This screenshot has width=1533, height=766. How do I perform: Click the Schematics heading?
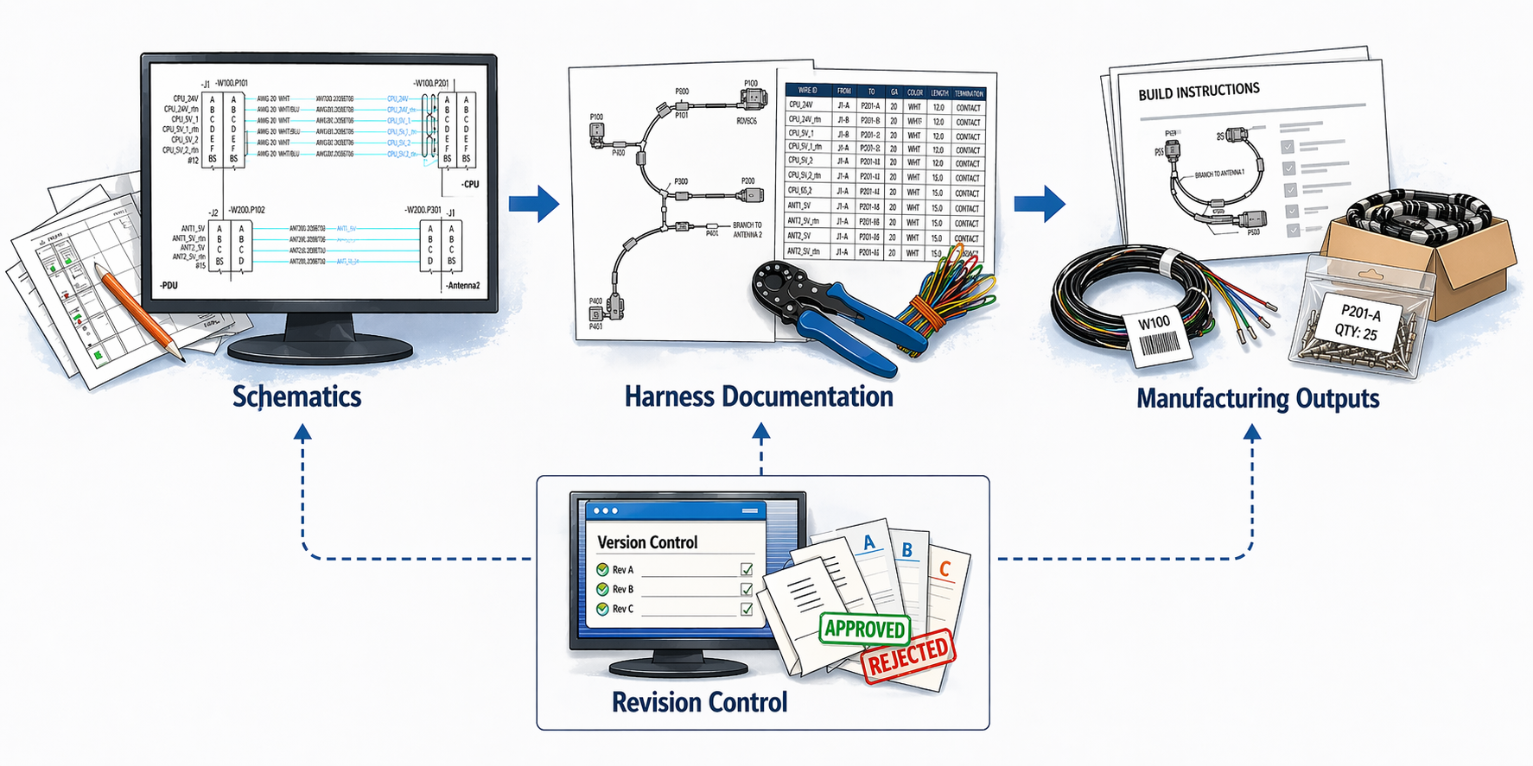(296, 397)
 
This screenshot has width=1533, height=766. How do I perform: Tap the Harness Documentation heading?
(759, 397)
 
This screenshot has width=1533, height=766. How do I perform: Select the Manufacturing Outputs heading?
(1257, 399)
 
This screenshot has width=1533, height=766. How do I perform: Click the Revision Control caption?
(699, 702)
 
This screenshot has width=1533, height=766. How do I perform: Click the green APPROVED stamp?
(864, 629)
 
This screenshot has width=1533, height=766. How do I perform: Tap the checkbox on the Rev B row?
(747, 589)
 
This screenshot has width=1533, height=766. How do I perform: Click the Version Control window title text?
(647, 542)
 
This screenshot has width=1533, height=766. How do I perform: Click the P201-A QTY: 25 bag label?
(1360, 323)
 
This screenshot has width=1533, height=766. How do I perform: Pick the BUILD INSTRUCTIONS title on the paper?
(1199, 91)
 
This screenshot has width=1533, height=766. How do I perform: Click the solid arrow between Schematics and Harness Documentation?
(534, 204)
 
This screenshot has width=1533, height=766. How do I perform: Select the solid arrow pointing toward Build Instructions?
(1040, 204)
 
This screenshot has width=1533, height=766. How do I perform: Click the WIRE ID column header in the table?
(807, 91)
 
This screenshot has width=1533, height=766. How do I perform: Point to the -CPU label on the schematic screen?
(469, 184)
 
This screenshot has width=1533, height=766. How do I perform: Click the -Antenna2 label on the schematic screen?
(462, 285)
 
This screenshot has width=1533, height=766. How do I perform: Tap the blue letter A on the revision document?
(869, 543)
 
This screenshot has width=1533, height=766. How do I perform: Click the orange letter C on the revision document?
(945, 569)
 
